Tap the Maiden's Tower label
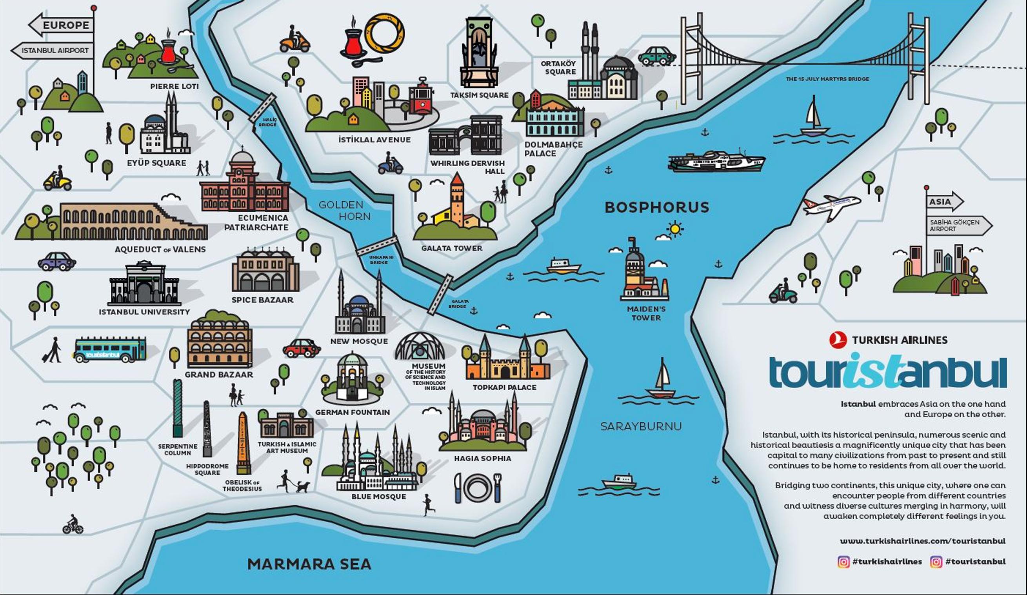[646, 313]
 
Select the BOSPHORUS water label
[656, 207]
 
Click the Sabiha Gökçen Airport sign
[958, 226]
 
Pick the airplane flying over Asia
[831, 206]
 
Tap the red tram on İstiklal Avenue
[421, 97]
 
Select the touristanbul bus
[110, 349]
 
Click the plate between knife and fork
[477, 488]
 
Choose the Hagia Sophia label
[483, 459]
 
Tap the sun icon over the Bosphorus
[675, 229]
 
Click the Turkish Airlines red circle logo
[838, 340]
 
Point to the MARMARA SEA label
[309, 564]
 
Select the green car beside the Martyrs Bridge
[656, 56]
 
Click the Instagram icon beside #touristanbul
[936, 562]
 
